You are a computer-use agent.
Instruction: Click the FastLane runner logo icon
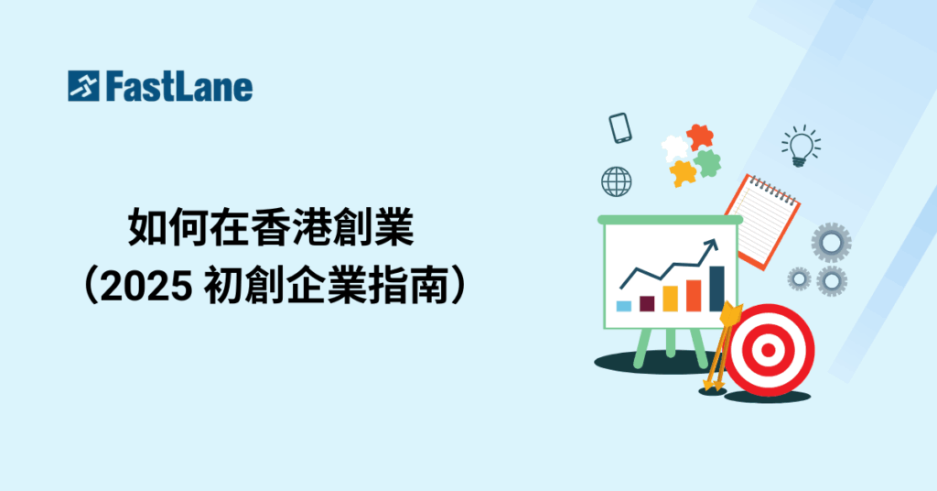click(83, 86)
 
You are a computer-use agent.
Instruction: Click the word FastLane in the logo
click(179, 87)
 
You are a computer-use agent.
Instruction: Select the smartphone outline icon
click(620, 128)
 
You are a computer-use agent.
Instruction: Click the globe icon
click(616, 181)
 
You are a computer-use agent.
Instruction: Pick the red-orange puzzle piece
click(700, 137)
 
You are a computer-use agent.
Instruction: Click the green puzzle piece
click(708, 163)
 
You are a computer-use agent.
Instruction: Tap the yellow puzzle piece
click(683, 173)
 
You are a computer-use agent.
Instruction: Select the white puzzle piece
click(674, 148)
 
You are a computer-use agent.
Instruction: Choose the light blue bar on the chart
click(623, 306)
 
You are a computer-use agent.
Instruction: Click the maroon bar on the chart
click(647, 303)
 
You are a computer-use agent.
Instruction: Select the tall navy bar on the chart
click(716, 289)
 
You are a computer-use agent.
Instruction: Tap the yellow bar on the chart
click(670, 299)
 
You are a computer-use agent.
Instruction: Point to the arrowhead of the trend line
click(711, 245)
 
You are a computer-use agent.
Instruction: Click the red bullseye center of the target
click(769, 350)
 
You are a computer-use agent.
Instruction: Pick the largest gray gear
click(831, 243)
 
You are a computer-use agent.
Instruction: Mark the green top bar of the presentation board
click(670, 220)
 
